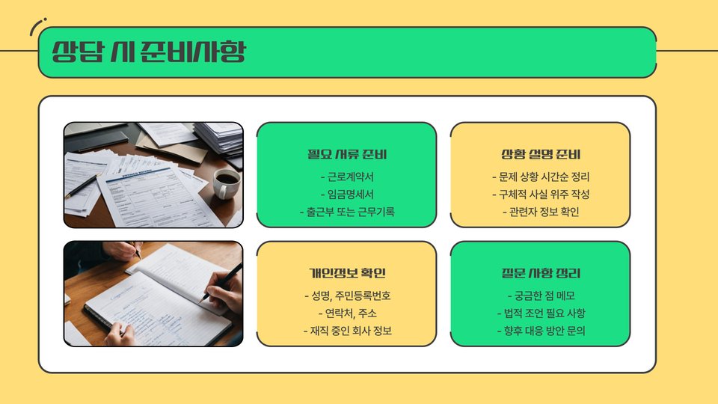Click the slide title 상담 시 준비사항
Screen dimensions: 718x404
[149, 52]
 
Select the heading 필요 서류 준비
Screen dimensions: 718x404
[347, 154]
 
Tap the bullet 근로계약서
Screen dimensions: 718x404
[347, 177]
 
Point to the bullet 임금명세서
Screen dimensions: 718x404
[347, 195]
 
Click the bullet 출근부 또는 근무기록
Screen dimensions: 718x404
[347, 212]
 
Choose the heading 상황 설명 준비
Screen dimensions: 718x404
[541, 154]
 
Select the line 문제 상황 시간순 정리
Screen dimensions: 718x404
[541, 177]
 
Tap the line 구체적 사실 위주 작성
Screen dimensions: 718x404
[541, 195]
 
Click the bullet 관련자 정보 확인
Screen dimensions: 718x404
[541, 212]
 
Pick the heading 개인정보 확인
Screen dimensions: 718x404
[347, 274]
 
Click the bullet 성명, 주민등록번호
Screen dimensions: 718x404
[347, 296]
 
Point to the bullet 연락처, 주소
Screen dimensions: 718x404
[347, 313]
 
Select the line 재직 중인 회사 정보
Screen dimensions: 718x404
[347, 331]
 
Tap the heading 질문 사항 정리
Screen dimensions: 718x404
[541, 274]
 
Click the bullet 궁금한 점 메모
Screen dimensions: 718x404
[541, 296]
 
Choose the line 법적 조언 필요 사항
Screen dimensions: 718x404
[541, 313]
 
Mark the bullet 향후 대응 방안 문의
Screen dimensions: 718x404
[541, 331]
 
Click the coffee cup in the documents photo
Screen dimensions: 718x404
[225, 183]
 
